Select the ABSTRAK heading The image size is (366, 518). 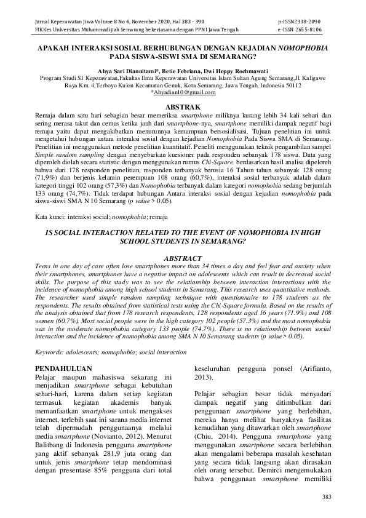coord(183,106)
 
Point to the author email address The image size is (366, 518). coord(183,92)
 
